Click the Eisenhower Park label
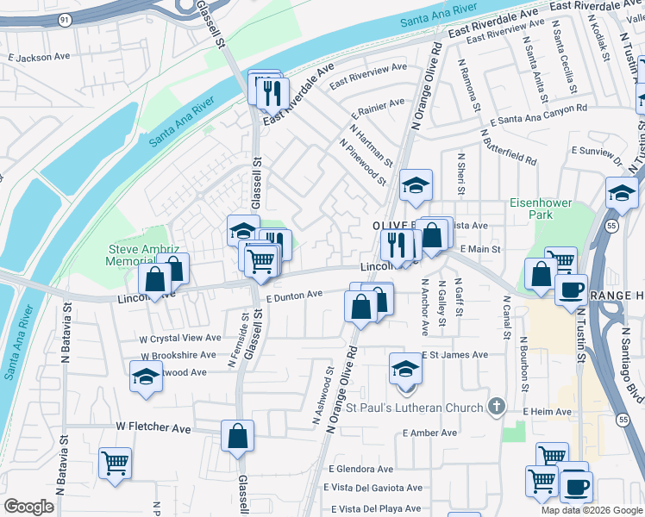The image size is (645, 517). point(542,209)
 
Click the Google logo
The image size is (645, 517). point(29,507)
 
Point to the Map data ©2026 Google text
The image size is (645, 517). point(592,510)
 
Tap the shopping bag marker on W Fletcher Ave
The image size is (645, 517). point(237,436)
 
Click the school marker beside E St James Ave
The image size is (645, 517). point(404,368)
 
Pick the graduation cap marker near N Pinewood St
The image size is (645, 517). point(416,185)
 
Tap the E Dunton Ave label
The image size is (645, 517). point(294,296)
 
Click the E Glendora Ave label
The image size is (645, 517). point(360,470)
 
